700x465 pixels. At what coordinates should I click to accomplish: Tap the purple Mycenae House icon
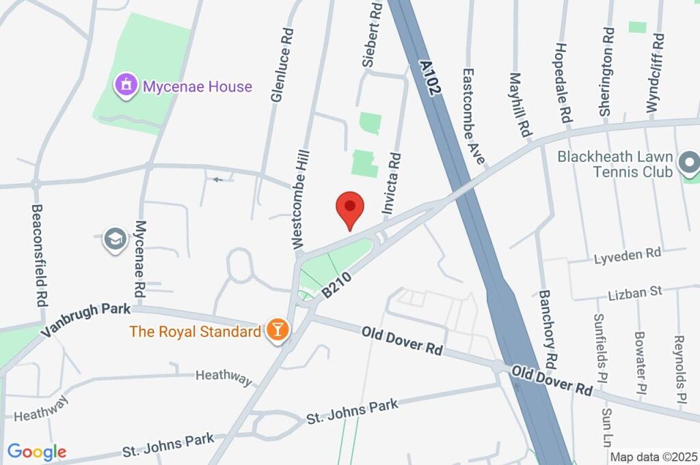click(126, 86)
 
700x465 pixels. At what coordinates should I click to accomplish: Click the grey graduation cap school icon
click(113, 239)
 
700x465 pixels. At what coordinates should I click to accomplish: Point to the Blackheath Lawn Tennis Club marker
click(689, 163)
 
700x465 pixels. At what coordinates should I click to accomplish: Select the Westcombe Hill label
click(301, 199)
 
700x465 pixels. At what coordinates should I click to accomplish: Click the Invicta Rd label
click(391, 185)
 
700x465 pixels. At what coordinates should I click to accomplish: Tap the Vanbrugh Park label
click(85, 320)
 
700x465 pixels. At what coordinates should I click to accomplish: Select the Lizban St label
click(635, 293)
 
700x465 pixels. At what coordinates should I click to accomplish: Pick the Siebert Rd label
click(374, 34)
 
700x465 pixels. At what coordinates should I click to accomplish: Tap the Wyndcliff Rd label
click(656, 74)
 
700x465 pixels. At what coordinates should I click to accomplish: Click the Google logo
click(37, 451)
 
